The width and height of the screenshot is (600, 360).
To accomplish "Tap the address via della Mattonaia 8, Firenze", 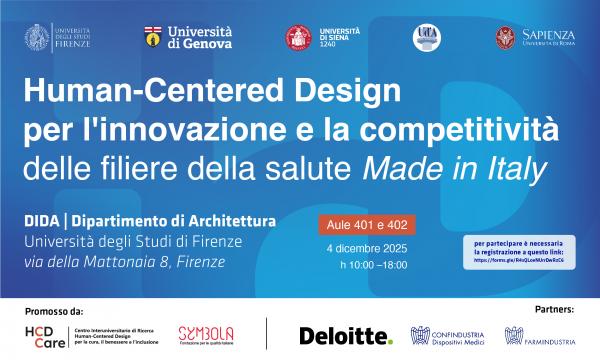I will [x=125, y=263].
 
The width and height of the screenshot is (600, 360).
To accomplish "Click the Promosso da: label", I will [x=51, y=311].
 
